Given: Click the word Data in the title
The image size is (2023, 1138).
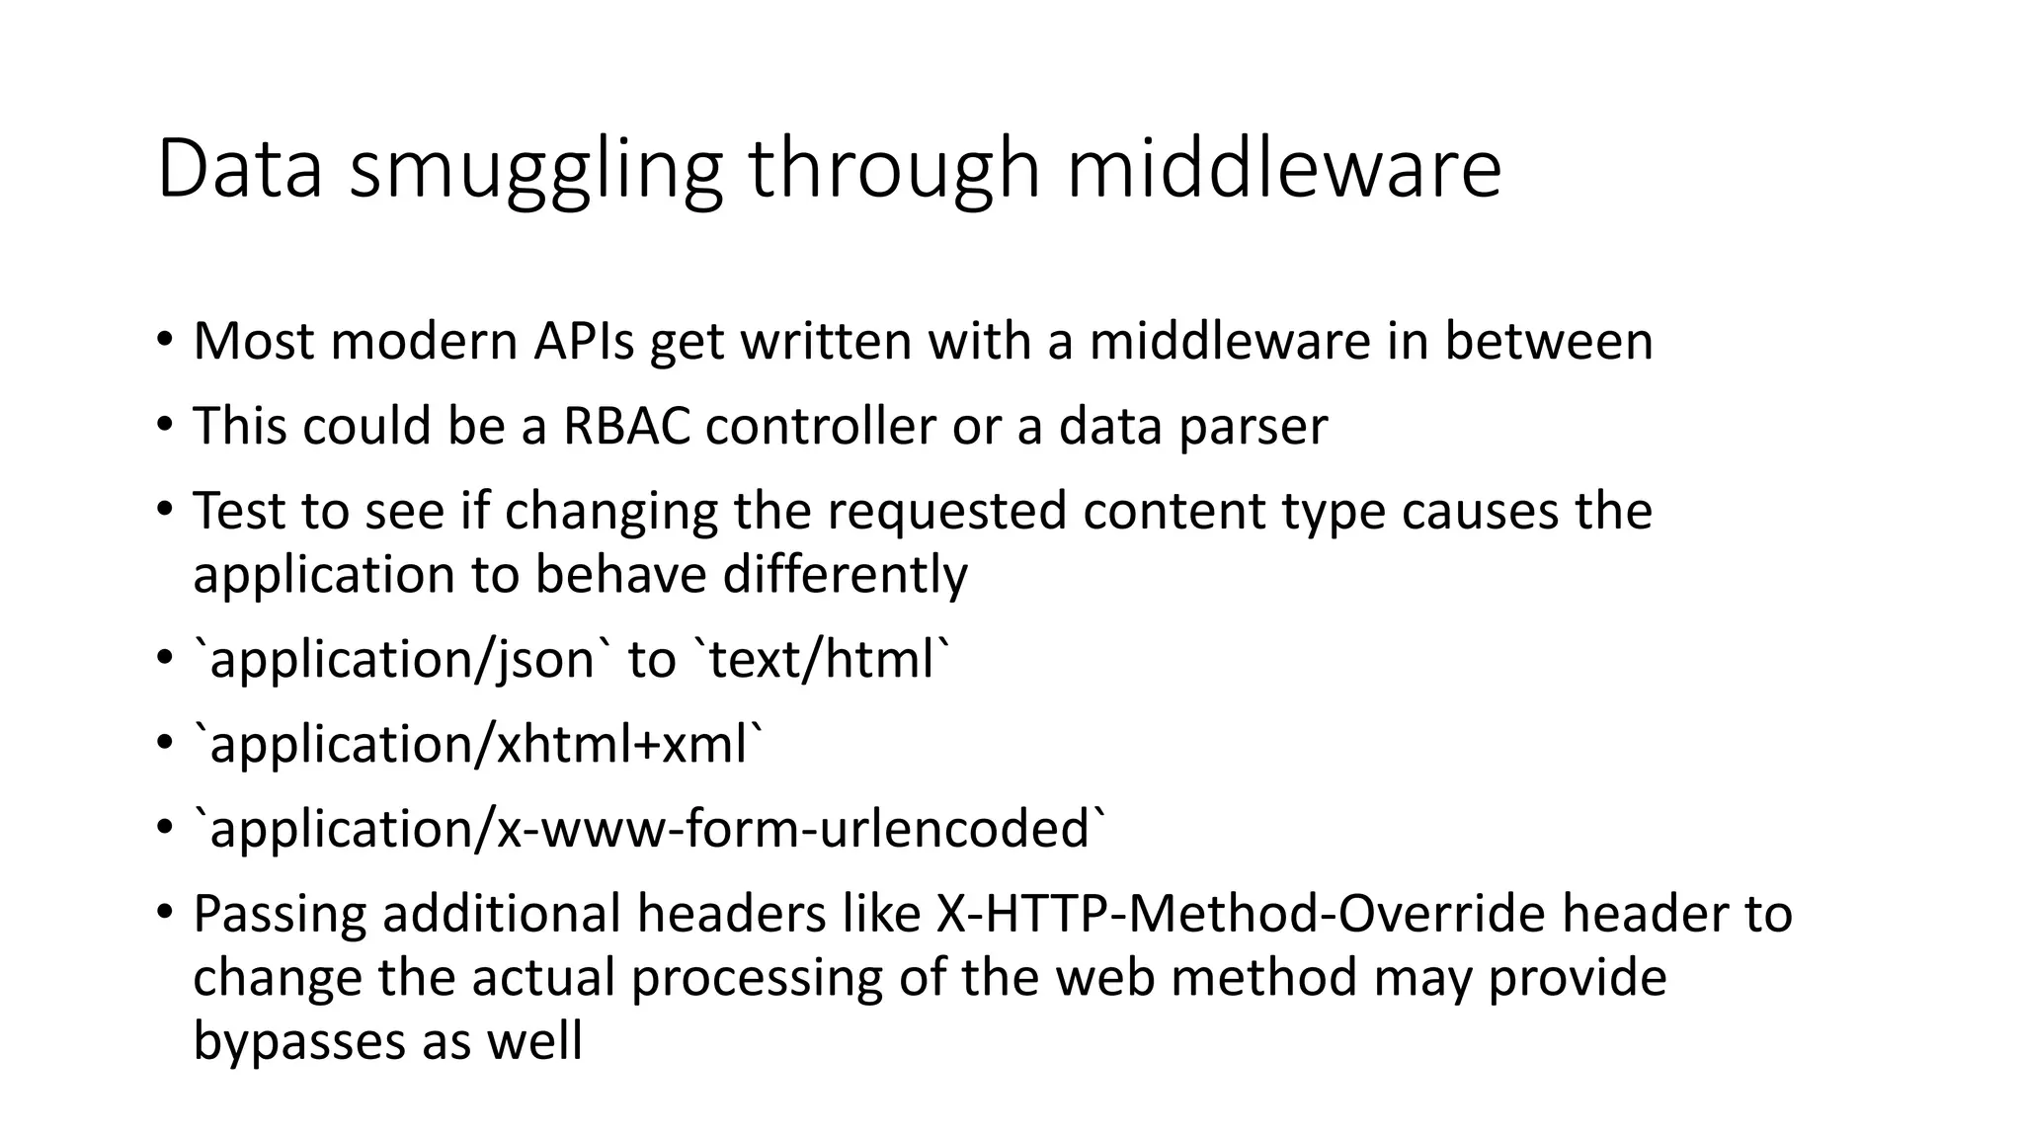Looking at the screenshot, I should click(239, 170).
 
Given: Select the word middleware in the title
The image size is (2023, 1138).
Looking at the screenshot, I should click(1283, 170).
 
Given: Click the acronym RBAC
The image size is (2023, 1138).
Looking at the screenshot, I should click(626, 427).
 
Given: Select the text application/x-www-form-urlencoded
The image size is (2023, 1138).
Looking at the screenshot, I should click(651, 830).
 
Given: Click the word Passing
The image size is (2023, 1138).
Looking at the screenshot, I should click(280, 914).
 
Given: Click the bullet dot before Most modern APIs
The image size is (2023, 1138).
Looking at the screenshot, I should click(164, 342).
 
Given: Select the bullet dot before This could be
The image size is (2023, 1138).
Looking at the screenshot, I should click(164, 427).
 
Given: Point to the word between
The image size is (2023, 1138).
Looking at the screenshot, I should click(1548, 342).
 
